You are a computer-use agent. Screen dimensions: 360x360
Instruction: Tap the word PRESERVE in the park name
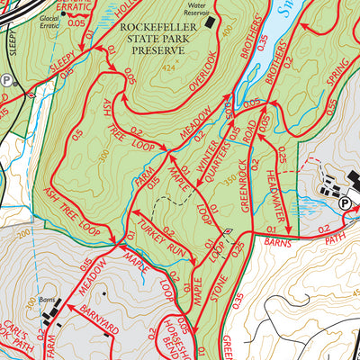click(x=158, y=51)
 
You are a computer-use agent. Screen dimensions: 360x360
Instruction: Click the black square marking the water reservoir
click(x=210, y=22)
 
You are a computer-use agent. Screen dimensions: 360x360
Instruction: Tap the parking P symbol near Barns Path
click(x=345, y=204)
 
